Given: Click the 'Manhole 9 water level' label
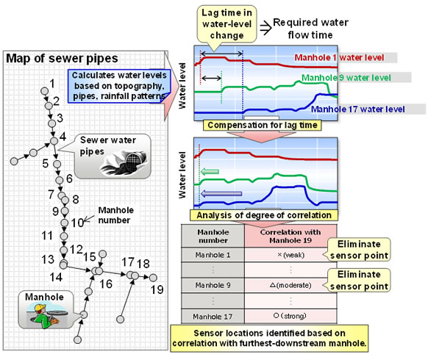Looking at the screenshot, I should tap(351, 79).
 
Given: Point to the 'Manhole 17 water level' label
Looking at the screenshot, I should tap(358, 109).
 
